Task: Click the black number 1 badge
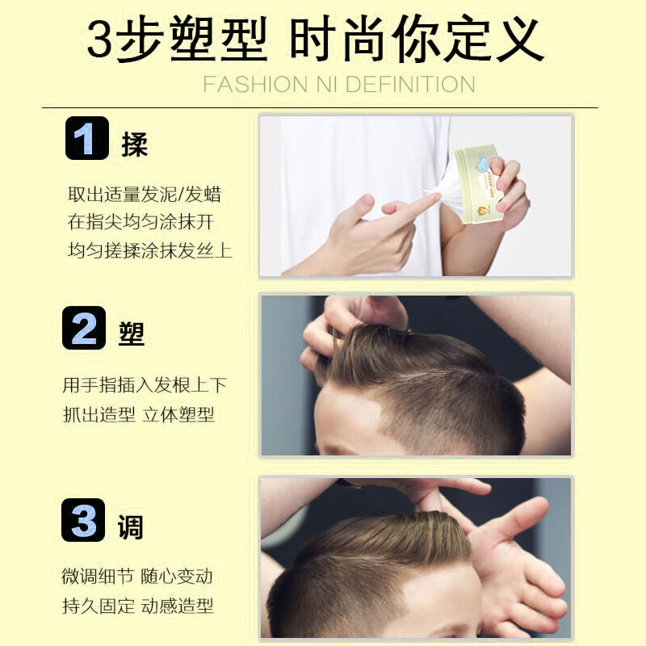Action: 86,138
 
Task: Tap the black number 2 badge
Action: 84,329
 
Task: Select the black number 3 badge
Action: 84,520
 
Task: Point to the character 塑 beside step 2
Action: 132,333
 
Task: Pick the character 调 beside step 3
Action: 131,526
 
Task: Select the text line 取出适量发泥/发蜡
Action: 145,195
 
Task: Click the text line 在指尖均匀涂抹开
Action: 141,222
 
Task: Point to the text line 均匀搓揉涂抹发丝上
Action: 149,250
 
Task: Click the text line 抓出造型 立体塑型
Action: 138,415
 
